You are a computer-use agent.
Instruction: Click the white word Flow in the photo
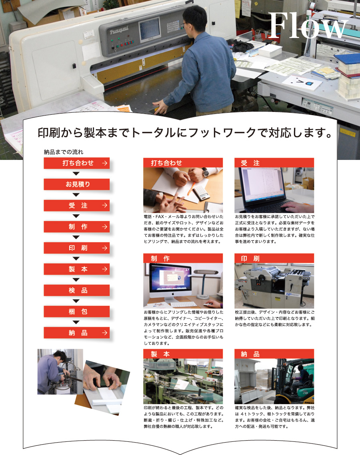pos(308,26)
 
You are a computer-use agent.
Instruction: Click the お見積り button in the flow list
pos(77,184)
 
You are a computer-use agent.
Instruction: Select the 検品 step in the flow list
pos(77,290)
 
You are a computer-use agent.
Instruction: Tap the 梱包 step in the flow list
pos(77,311)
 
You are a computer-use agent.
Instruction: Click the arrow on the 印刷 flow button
pos(104,248)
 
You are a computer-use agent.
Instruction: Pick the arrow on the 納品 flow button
pos(104,333)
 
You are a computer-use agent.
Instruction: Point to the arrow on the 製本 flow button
pos(104,269)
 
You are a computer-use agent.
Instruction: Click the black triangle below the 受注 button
pos(76,216)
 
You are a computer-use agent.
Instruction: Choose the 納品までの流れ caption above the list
pos(64,152)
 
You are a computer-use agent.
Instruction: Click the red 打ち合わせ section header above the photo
pos(183,163)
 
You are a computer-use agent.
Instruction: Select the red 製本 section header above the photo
pos(183,354)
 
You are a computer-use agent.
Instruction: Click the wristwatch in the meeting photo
pos(205,173)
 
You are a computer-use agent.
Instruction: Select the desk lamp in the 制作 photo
pos(205,283)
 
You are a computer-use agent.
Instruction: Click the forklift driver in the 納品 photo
pos(300,377)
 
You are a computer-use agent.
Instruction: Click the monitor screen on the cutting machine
pos(150,29)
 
